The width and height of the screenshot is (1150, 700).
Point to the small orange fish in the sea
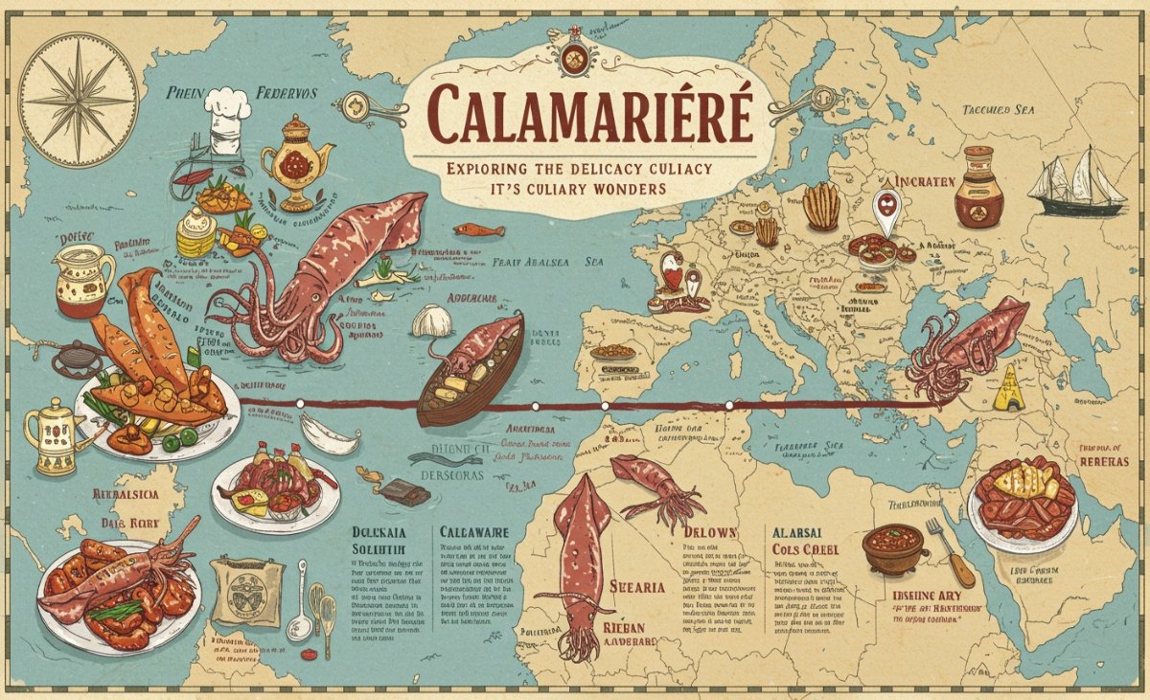[478, 230]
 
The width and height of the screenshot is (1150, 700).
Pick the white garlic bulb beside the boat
[431, 320]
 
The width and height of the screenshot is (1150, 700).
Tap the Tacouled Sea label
[999, 110]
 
